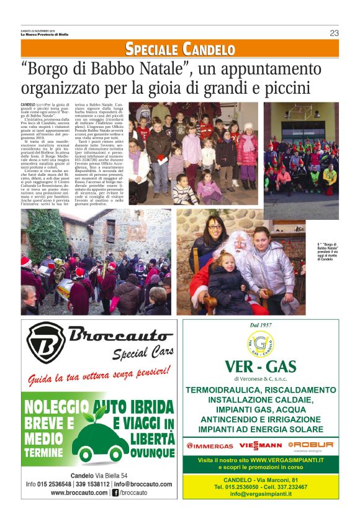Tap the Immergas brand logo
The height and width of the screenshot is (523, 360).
pos(210,445)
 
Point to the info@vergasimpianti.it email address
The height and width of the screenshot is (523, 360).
pos(261,494)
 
